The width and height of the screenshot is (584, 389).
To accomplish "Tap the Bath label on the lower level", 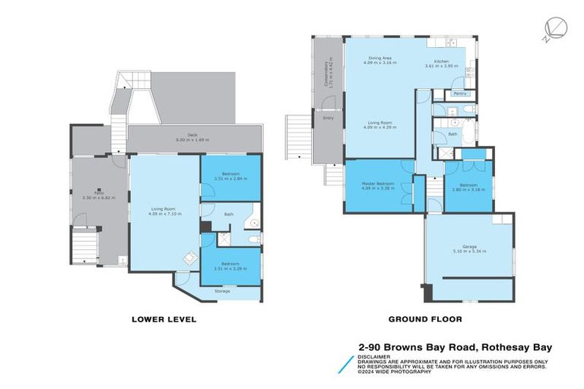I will coord(228,214).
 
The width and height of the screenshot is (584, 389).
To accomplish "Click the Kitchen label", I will coord(442,62).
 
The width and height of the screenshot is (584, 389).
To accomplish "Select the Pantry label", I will coord(459,93).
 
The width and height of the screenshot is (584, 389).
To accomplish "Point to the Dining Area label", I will coord(379,57).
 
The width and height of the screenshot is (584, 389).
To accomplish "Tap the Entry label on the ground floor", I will coord(328,118).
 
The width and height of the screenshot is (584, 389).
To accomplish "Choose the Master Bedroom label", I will coord(376,182).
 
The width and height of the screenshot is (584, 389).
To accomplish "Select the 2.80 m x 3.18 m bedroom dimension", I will coord(468,188).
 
